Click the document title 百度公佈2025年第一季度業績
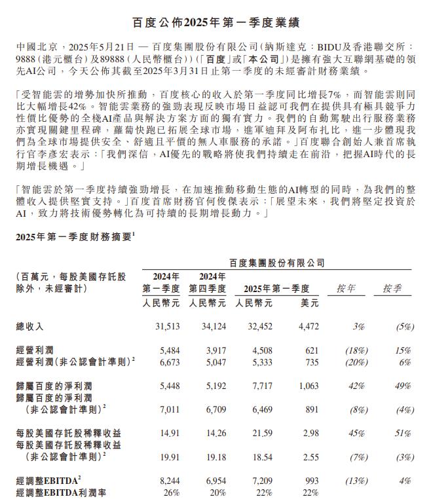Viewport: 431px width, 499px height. [216, 23]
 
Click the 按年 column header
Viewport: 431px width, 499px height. [347, 288]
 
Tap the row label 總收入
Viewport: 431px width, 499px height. [30, 325]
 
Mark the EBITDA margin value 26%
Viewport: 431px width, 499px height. [172, 492]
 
